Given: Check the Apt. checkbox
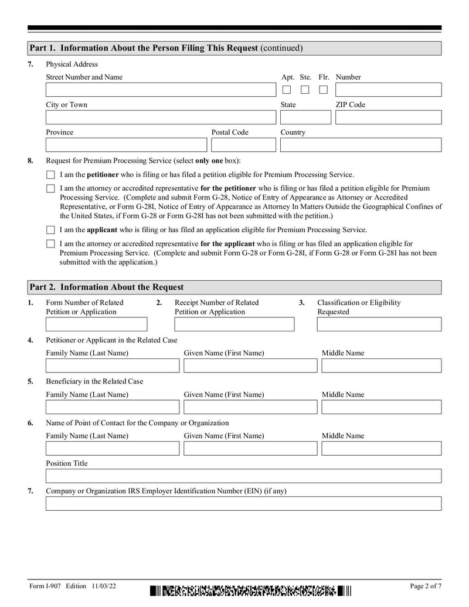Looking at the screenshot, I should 287,90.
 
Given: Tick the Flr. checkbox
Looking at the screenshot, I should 323,90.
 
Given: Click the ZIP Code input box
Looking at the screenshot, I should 388,117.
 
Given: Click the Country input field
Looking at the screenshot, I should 361,145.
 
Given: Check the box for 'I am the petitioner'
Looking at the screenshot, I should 50,175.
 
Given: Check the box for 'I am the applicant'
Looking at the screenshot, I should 50,230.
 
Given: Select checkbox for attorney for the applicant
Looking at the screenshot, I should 50,244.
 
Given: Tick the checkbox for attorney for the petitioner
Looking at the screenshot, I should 50,189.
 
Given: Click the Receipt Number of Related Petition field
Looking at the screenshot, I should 235,324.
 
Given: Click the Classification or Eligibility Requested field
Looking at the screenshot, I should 379,324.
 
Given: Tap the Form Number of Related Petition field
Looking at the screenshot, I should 97,324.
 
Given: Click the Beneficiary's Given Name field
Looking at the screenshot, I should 250,407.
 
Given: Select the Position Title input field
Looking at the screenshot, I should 243,476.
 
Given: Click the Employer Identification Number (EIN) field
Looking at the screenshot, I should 243,503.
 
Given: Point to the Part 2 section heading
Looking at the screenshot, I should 107,287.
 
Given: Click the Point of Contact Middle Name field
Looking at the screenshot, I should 380,449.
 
